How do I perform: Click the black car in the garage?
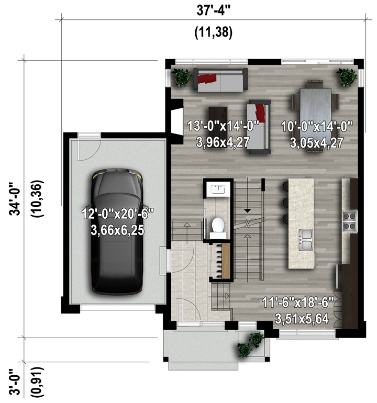tap(117, 231)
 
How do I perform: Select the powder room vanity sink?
tap(218, 189)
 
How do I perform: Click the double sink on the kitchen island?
tap(305, 240)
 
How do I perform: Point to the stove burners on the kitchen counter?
tap(349, 221)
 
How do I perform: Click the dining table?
tap(316, 116)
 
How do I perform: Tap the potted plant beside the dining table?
tap(347, 77)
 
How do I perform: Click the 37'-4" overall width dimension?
tap(214, 10)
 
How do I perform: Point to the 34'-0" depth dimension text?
tap(15, 199)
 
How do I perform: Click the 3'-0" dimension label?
tap(15, 382)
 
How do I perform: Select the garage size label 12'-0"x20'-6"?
tap(117, 214)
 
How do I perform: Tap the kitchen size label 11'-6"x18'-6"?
tap(298, 303)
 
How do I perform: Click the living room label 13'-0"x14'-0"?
tap(223, 126)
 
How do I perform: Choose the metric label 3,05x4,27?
tap(317, 143)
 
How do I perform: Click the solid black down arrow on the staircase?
tap(247, 211)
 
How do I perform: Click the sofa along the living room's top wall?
tap(220, 80)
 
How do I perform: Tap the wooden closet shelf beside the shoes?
tap(226, 261)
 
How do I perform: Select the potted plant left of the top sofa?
tap(182, 77)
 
